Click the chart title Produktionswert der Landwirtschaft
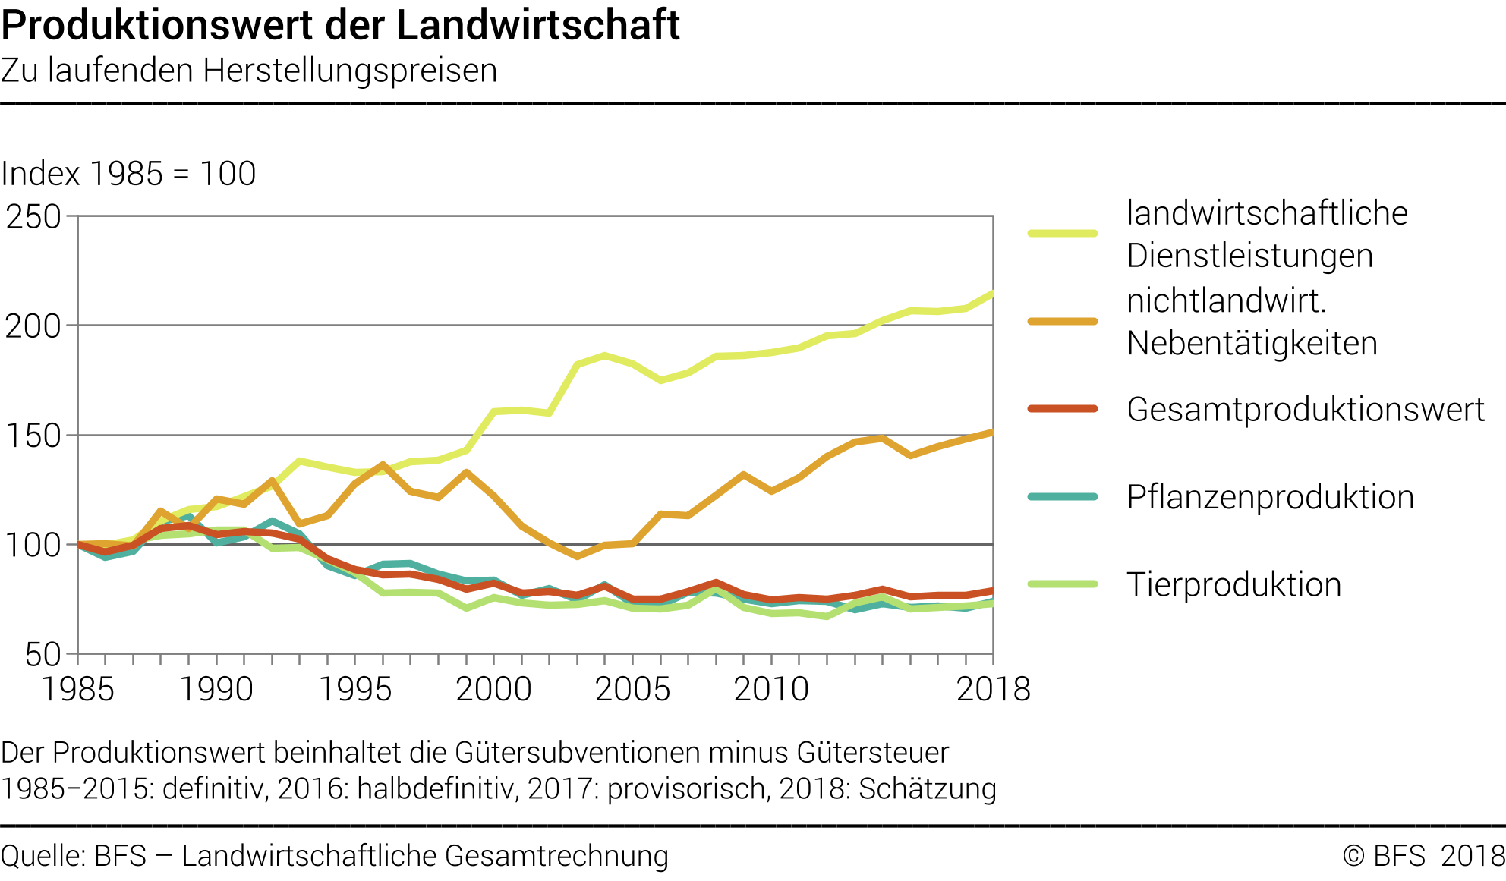pyautogui.click(x=340, y=25)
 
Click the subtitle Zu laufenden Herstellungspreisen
pyautogui.click(x=249, y=71)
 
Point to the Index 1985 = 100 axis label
pyautogui.click(x=128, y=174)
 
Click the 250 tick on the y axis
pyautogui.click(x=33, y=217)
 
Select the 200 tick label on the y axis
pyautogui.click(x=33, y=326)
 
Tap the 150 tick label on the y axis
pyautogui.click(x=33, y=436)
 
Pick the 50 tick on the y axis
pyautogui.click(x=43, y=654)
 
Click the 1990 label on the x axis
pyautogui.click(x=216, y=689)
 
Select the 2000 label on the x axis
pyautogui.click(x=493, y=689)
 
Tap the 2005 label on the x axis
pyautogui.click(x=632, y=689)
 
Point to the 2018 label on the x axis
pyautogui.click(x=993, y=689)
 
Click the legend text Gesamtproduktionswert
pyautogui.click(x=1306, y=410)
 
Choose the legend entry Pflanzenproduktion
pyautogui.click(x=1270, y=498)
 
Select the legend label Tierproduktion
pyautogui.click(x=1233, y=585)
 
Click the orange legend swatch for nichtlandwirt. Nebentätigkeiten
pyautogui.click(x=1063, y=322)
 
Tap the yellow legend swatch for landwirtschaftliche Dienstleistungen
pyautogui.click(x=1063, y=233)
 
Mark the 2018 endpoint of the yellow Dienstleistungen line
pyautogui.click(x=991, y=294)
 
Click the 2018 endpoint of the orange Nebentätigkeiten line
pyautogui.click(x=991, y=433)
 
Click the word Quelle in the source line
pyautogui.click(x=42, y=856)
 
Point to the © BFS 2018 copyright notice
pyautogui.click(x=1423, y=856)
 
